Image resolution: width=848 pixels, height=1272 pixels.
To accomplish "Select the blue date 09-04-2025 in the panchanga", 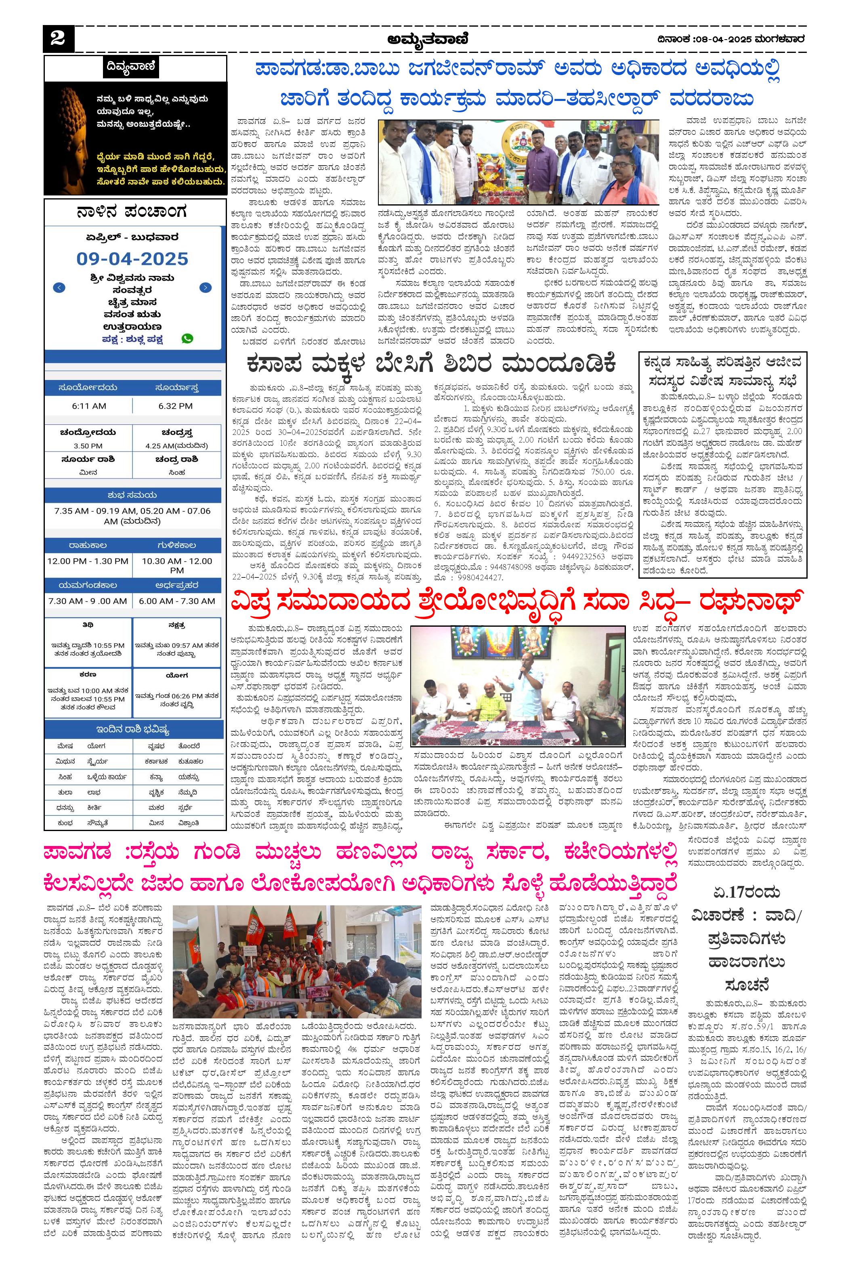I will (132, 258).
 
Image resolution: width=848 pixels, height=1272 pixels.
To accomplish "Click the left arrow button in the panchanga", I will (60, 288).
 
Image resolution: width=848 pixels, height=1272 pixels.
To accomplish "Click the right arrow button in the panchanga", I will (206, 288).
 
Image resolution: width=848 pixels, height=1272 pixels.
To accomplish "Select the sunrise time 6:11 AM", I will (89, 405).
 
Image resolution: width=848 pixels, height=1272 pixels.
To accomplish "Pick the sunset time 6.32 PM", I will (176, 405).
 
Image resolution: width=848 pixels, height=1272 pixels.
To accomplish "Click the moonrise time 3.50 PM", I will (88, 446).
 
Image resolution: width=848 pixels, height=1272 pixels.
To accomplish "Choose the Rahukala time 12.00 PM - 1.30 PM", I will (88, 561).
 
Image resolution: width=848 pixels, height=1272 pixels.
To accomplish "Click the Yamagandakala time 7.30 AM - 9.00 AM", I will (88, 601).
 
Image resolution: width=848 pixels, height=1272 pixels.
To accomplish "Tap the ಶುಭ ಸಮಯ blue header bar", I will (132, 495).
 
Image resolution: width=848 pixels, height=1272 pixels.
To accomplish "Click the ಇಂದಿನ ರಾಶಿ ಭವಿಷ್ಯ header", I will (133, 730).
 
